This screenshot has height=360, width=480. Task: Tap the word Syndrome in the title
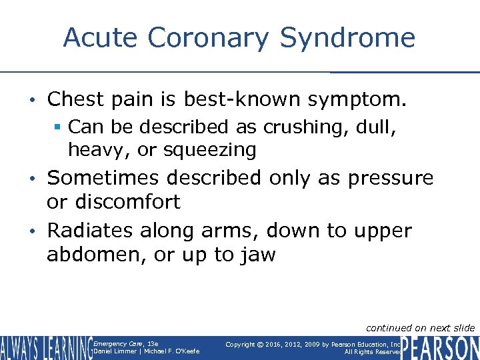pyautogui.click(x=347, y=37)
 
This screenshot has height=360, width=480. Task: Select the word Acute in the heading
pyautogui.click(x=101, y=37)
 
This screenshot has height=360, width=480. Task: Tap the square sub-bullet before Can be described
pyautogui.click(x=59, y=127)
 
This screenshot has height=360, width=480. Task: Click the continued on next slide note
pyautogui.click(x=420, y=327)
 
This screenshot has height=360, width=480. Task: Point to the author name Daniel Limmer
pyautogui.click(x=115, y=351)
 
